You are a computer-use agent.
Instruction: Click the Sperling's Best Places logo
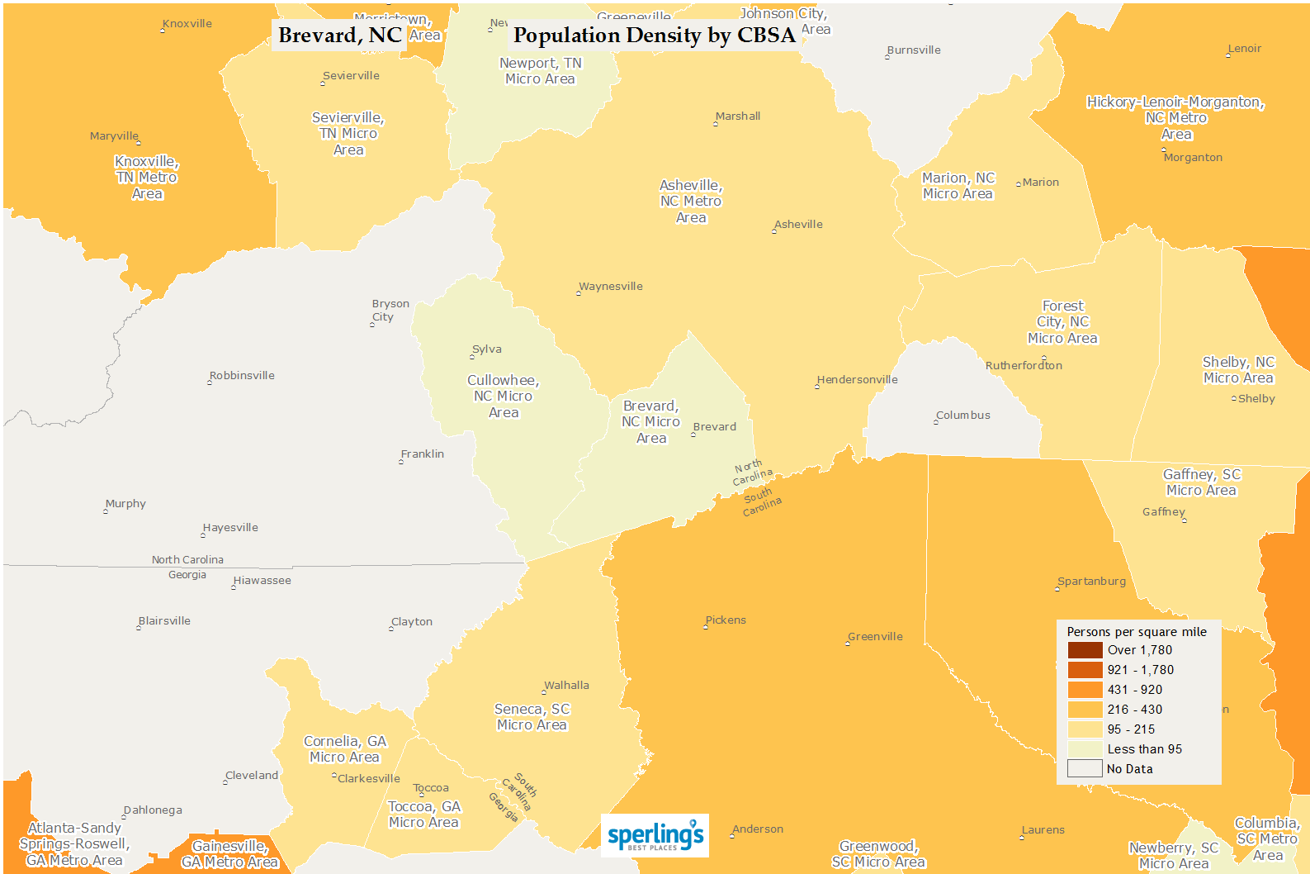(x=655, y=835)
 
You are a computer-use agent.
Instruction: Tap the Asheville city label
(x=798, y=225)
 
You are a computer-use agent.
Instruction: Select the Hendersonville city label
(x=857, y=380)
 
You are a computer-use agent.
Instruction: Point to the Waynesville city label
(x=610, y=287)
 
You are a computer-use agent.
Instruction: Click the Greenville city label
(x=875, y=637)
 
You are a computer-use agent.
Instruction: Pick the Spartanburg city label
(x=1091, y=582)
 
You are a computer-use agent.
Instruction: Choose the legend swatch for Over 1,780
(x=1085, y=650)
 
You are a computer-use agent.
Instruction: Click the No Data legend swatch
(x=1085, y=769)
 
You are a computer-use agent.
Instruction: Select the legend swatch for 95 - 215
(x=1085, y=729)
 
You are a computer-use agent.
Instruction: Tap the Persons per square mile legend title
(x=1137, y=632)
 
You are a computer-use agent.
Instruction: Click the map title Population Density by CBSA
(x=654, y=36)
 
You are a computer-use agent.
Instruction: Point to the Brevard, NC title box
(x=339, y=36)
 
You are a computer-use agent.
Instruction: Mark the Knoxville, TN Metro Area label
(x=147, y=178)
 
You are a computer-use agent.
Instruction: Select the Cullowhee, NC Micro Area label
(x=503, y=397)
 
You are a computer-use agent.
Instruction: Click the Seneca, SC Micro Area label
(x=532, y=717)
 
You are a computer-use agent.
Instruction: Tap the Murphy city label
(x=125, y=504)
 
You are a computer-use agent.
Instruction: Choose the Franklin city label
(x=422, y=454)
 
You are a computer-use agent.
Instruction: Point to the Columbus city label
(x=962, y=416)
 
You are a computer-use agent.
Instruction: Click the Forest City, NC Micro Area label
(x=1062, y=322)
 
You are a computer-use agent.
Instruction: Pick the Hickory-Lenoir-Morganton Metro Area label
(x=1175, y=118)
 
